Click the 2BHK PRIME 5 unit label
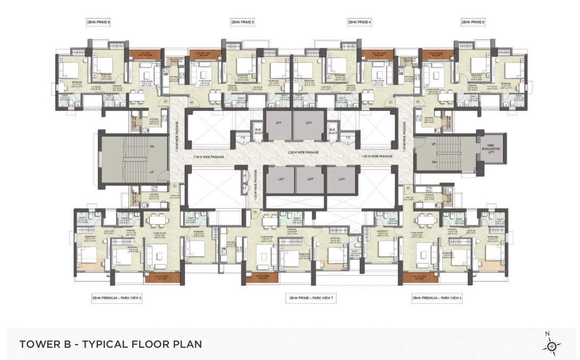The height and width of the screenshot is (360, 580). (x=242, y=22)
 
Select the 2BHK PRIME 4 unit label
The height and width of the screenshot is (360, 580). (x=359, y=22)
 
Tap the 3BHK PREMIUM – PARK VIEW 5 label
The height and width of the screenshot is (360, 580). (x=117, y=298)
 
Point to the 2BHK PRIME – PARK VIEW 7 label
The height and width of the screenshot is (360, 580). (x=310, y=298)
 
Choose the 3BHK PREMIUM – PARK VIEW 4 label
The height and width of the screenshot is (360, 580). (x=437, y=298)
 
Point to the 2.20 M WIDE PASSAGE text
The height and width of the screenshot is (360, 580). (x=303, y=153)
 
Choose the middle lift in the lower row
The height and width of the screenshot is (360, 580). (x=310, y=180)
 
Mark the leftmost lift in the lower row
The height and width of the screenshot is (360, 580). (x=280, y=180)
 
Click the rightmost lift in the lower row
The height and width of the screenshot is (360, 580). (x=341, y=180)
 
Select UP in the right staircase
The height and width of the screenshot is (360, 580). (x=433, y=145)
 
